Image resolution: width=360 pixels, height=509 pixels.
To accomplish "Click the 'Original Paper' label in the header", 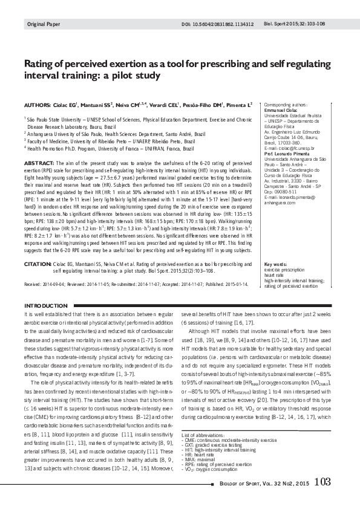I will [44, 25].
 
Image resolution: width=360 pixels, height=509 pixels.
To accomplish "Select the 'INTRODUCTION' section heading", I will [46, 306].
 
